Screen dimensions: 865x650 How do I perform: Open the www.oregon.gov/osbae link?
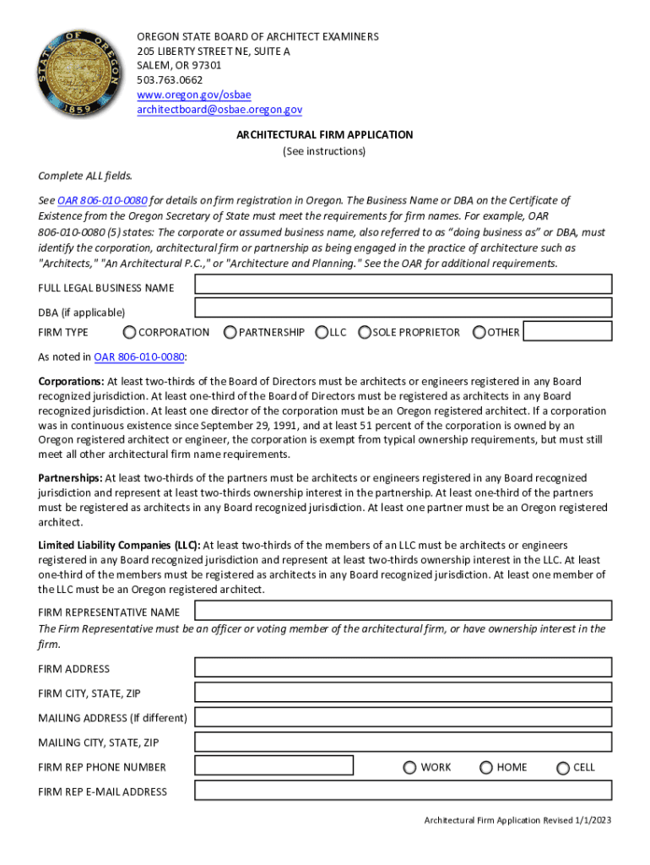pos(194,95)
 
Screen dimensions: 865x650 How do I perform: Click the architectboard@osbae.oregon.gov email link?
pos(219,110)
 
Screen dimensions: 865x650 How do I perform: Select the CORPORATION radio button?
pos(129,332)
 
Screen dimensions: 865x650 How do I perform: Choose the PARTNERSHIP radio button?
pos(230,332)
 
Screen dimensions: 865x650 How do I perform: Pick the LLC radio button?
pos(322,332)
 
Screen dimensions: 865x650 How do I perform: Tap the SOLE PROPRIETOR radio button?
pos(365,332)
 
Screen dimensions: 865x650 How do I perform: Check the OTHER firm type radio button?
pos(479,332)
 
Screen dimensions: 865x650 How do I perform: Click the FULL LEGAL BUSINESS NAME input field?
pos(403,284)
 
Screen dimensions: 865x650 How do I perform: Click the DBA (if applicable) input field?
pos(403,308)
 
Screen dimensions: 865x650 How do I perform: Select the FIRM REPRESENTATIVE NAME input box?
pos(403,610)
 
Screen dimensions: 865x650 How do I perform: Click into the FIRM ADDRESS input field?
pos(403,667)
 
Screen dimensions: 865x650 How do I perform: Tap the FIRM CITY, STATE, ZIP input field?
pos(403,693)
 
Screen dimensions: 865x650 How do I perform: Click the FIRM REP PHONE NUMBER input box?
pos(274,766)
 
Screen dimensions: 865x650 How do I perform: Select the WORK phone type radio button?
pos(409,767)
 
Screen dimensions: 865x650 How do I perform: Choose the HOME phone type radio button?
pos(486,767)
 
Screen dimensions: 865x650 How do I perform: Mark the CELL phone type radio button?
pos(563,767)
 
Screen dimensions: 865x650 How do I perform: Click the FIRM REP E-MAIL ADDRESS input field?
pos(403,791)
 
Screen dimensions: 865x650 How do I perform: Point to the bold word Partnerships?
pos(70,478)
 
